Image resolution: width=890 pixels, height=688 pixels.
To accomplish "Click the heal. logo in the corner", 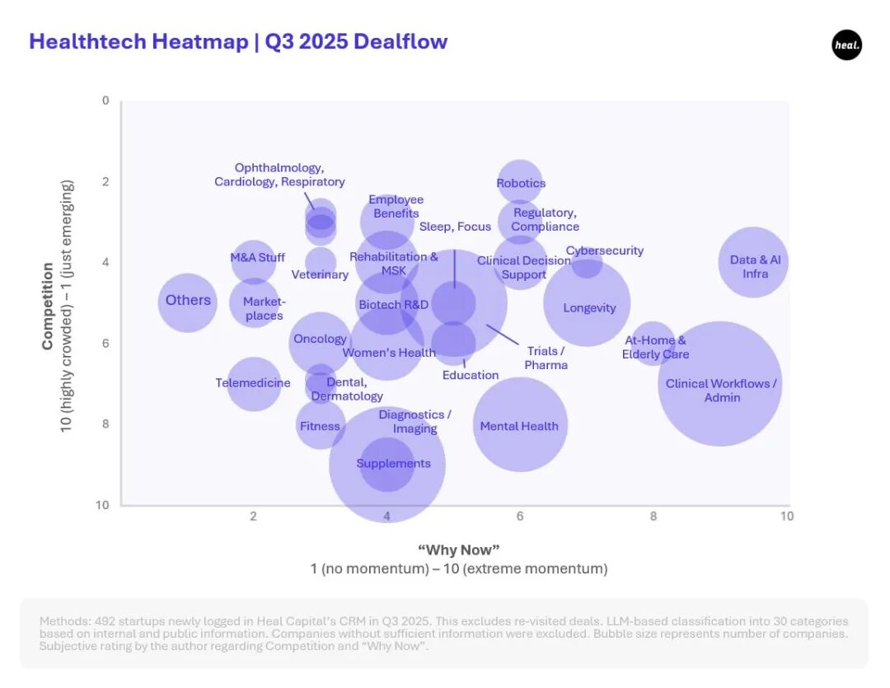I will tap(846, 45).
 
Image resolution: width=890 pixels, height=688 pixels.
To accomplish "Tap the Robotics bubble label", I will tap(521, 183).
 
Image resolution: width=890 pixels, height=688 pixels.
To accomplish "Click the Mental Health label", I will tap(519, 426).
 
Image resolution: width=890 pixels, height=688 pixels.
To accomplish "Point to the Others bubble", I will tap(188, 301).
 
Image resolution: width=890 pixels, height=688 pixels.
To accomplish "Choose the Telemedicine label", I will tap(253, 383).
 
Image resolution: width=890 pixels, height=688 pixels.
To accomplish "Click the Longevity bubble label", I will tap(589, 308).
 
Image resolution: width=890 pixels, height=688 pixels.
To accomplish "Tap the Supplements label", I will tap(393, 464).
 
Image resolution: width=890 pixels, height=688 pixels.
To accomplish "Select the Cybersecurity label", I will tap(605, 250).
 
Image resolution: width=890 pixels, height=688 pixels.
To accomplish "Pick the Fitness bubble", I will tap(320, 426).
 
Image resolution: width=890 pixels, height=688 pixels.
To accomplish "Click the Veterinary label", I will tap(320, 274).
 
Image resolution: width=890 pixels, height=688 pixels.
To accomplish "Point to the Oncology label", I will tap(320, 339).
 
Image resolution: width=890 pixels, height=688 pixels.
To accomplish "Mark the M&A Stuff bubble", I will tap(257, 257).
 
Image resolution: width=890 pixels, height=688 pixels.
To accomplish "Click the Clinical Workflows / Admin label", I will tap(721, 391).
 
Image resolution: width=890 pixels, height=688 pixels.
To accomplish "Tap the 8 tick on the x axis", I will tap(653, 517).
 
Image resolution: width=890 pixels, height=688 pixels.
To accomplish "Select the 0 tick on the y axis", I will tap(105, 101).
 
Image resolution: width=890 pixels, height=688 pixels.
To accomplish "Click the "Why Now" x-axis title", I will tap(459, 550).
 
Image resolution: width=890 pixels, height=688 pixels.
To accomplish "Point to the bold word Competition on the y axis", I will tap(48, 306).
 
